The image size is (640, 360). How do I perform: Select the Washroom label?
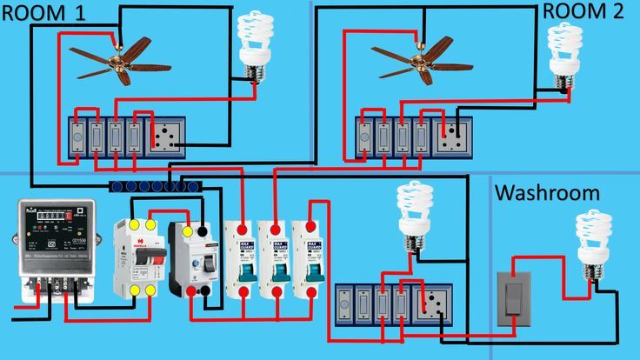point(547,192)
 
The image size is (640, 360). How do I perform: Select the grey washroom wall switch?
point(515,301)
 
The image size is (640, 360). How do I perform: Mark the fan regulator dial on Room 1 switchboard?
point(77,136)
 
